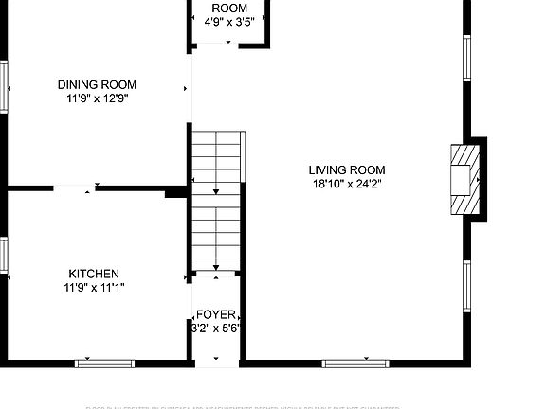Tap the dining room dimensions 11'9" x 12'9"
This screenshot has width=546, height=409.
click(97, 98)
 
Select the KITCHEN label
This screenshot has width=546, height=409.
click(93, 273)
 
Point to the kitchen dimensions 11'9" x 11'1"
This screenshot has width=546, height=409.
click(95, 287)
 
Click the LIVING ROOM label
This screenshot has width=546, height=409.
click(347, 170)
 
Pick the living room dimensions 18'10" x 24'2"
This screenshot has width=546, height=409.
click(347, 185)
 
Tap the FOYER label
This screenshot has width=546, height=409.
click(216, 314)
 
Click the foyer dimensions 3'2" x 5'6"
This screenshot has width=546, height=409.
click(216, 329)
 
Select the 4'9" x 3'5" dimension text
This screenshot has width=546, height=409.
click(228, 22)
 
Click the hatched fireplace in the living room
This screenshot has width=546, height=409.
click(464, 180)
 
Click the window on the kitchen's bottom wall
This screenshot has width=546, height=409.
click(105, 363)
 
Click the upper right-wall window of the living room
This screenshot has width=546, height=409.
click(466, 59)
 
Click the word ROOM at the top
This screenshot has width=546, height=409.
click(228, 8)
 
